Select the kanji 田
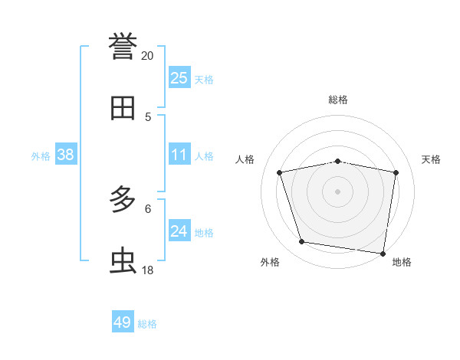[123, 108]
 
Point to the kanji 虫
[123, 261]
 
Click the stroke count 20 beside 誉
[147, 56]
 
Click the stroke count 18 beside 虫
[147, 270]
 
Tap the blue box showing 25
[179, 77]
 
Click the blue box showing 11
[179, 155]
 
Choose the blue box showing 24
[179, 231]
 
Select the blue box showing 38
[66, 155]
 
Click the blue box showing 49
[123, 322]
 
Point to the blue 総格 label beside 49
[147, 324]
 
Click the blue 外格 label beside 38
[41, 156]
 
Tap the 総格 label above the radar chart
[338, 100]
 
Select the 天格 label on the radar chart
[432, 159]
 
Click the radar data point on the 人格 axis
[280, 172]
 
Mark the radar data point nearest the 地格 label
[382, 253]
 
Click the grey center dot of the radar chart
[338, 191]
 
